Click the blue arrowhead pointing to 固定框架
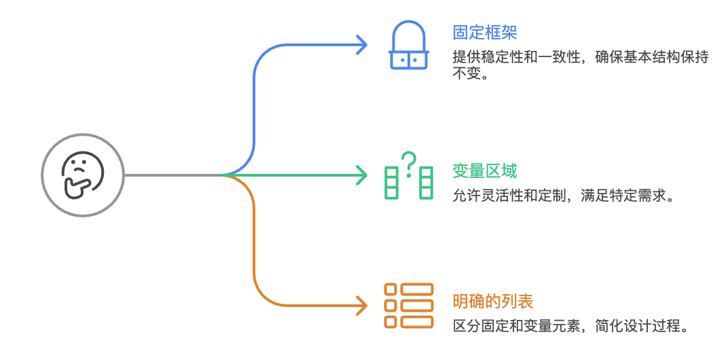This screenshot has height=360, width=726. click(x=361, y=45)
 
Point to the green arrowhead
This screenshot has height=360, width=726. click(x=361, y=176)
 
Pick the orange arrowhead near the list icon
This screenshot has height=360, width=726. click(x=361, y=306)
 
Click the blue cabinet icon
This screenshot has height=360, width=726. click(x=408, y=45)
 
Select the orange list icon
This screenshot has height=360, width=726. click(x=408, y=306)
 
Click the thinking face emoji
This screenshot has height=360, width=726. click(x=83, y=175)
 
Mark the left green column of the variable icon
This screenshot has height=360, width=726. click(x=391, y=182)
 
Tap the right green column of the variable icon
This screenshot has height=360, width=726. click(x=426, y=182)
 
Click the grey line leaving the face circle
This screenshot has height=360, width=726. click(x=173, y=175)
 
